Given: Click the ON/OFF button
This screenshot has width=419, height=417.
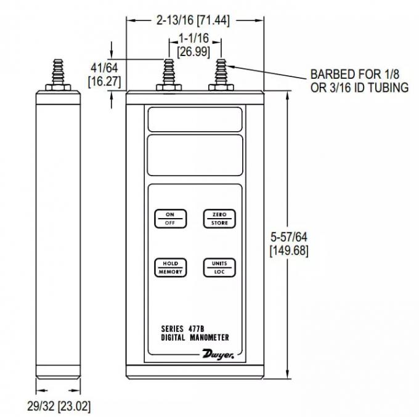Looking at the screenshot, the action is (x=170, y=219).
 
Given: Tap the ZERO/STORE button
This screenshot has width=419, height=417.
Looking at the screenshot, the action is (x=219, y=219).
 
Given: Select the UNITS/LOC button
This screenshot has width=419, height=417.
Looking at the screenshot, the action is (x=219, y=267).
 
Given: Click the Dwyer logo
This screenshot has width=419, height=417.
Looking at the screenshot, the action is (x=218, y=354).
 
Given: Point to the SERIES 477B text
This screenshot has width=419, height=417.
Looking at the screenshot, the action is (x=182, y=328).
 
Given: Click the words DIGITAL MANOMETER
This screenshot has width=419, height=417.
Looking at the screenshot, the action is (x=195, y=338).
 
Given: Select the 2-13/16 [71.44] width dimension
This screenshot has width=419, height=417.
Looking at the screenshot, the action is (x=193, y=20).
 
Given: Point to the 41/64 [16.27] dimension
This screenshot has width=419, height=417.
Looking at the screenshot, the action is (x=105, y=75).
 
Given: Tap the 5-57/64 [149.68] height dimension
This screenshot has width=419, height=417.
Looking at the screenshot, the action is (x=289, y=244).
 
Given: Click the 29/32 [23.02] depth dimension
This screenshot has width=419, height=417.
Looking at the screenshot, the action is (x=59, y=406).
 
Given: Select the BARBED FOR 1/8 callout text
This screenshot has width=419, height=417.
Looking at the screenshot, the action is (x=355, y=74).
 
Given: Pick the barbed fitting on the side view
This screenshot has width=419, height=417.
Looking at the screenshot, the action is (x=58, y=71).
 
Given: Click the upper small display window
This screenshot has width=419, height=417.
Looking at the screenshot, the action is (x=195, y=119).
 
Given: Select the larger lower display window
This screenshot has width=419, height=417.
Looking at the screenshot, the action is (x=195, y=155).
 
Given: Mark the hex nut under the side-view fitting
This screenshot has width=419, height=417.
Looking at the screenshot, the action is (x=58, y=87).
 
